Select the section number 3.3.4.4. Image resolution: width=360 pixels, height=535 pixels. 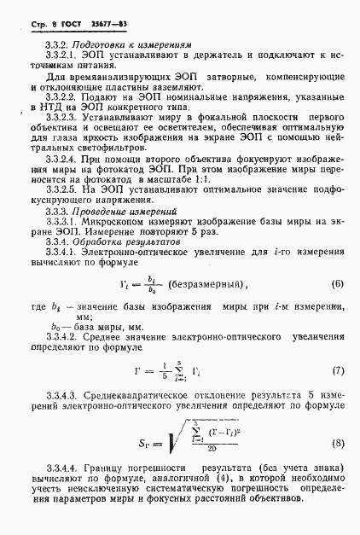click(x=64, y=494)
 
